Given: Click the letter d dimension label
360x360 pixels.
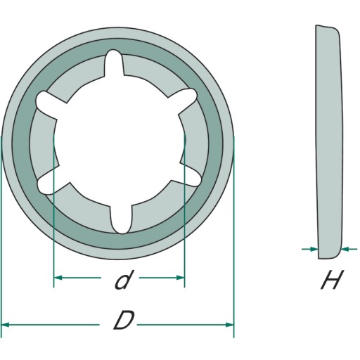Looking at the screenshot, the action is pos(122,280).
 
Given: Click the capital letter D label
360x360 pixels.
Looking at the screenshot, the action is pos(124,320).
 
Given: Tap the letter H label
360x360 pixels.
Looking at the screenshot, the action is pos(333,280).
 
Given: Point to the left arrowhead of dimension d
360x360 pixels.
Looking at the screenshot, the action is pos(58,278).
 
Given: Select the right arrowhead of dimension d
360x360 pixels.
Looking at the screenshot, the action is pos(180,278).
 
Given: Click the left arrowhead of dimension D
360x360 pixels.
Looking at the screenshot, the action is pos(5,325).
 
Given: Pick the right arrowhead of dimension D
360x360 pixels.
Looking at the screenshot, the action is pos(229,325).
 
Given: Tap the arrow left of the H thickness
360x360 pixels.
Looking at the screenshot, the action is pos(310,249).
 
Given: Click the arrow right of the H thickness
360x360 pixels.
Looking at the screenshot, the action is pos(349,249).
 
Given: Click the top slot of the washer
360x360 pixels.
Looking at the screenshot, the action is pos(114,63).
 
